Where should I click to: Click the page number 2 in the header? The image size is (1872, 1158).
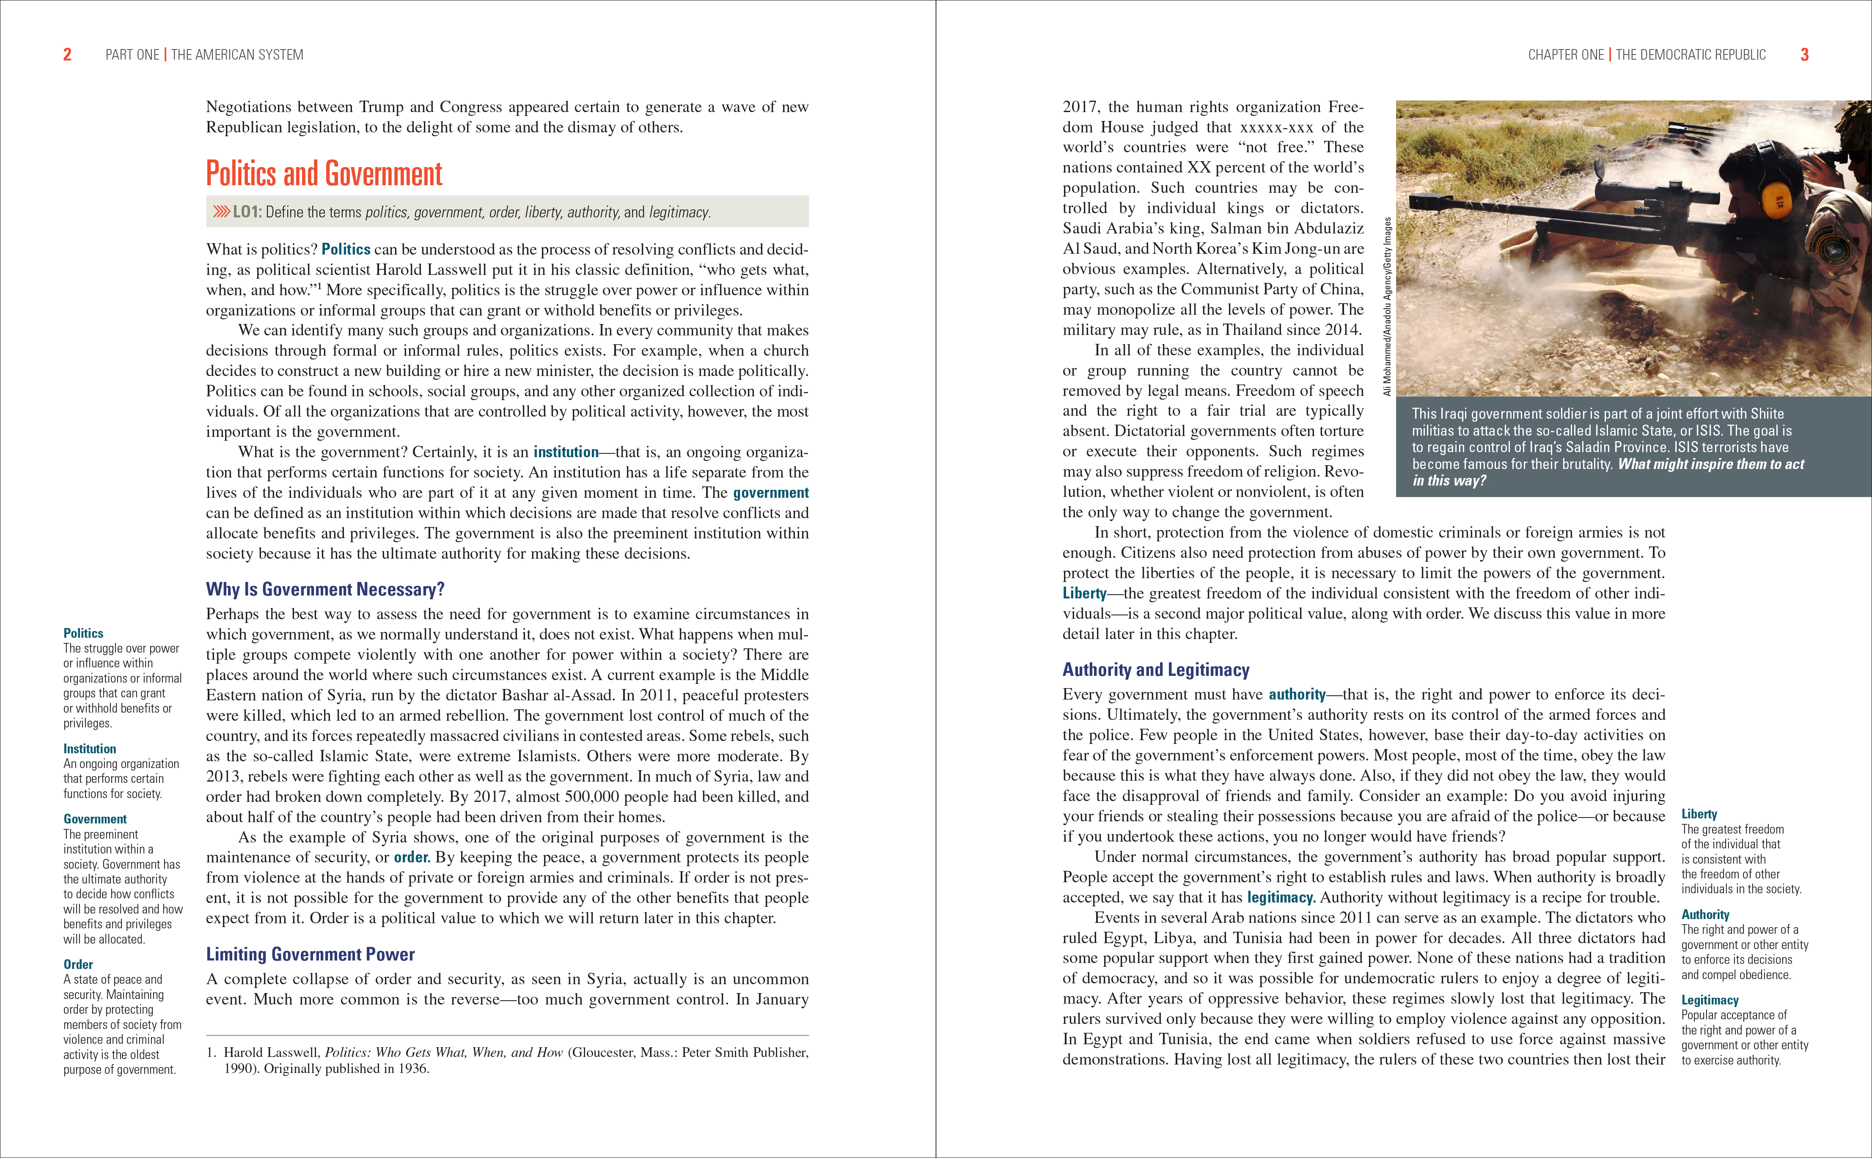(x=67, y=55)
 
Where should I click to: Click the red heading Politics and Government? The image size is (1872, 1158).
(x=324, y=174)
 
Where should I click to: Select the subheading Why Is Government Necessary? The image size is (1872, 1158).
(x=325, y=589)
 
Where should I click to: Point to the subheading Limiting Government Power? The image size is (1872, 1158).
(x=310, y=954)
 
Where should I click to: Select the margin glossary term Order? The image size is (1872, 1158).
(x=78, y=964)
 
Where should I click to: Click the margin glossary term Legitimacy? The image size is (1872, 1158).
(x=1710, y=1000)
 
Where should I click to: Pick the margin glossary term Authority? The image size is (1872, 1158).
(x=1705, y=914)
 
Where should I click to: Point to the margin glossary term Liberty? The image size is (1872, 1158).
(x=1699, y=814)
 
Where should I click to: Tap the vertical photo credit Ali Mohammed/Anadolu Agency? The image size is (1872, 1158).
(x=1387, y=306)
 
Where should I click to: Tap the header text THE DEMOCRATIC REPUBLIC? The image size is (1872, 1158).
(x=1691, y=55)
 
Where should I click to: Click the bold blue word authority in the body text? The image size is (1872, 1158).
(x=1297, y=694)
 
